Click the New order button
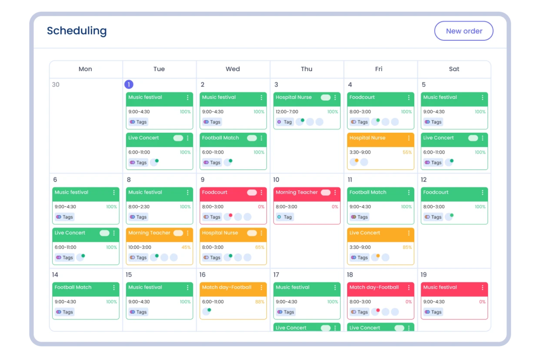click(464, 31)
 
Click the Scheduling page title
click(77, 31)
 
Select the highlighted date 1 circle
click(129, 85)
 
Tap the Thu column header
click(306, 69)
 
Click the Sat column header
click(454, 69)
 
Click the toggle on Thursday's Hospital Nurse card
click(325, 97)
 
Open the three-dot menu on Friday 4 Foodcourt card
click(409, 97)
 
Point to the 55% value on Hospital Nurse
click(407, 152)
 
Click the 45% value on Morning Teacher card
click(186, 247)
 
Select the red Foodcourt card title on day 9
click(215, 192)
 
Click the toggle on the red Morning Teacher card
click(325, 192)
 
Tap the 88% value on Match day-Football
click(259, 302)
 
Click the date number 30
click(55, 85)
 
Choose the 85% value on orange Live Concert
click(407, 247)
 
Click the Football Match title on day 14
click(73, 287)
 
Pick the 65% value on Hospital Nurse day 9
click(259, 247)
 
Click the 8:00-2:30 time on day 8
click(139, 207)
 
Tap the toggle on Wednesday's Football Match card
click(252, 138)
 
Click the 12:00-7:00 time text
click(287, 112)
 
